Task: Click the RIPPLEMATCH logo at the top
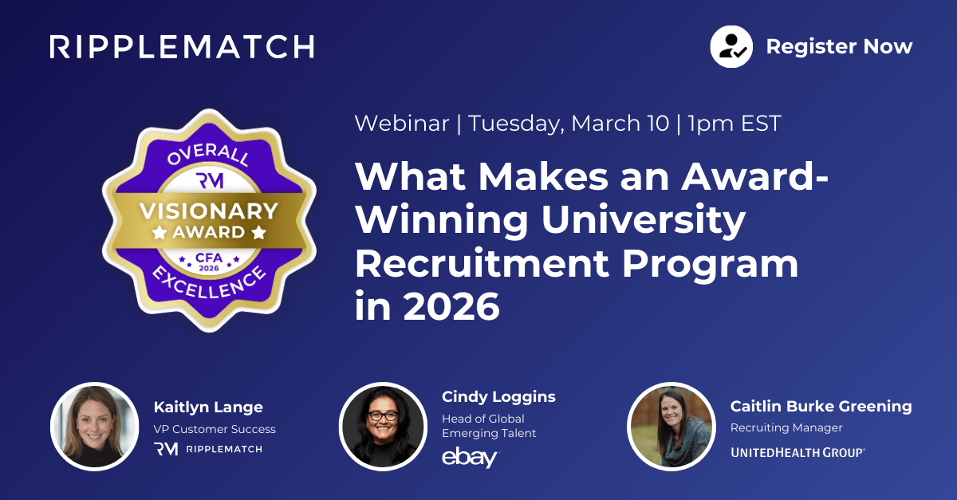click(182, 46)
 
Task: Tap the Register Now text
click(839, 47)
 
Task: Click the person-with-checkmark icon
click(732, 47)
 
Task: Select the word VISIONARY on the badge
click(210, 211)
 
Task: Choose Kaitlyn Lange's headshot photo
click(89, 427)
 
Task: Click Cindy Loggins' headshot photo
click(380, 427)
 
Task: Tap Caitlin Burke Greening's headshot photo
click(670, 427)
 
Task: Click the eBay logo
click(470, 458)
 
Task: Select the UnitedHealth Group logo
click(797, 452)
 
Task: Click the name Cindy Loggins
click(498, 397)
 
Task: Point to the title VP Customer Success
click(215, 429)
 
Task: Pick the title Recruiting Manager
click(786, 428)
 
